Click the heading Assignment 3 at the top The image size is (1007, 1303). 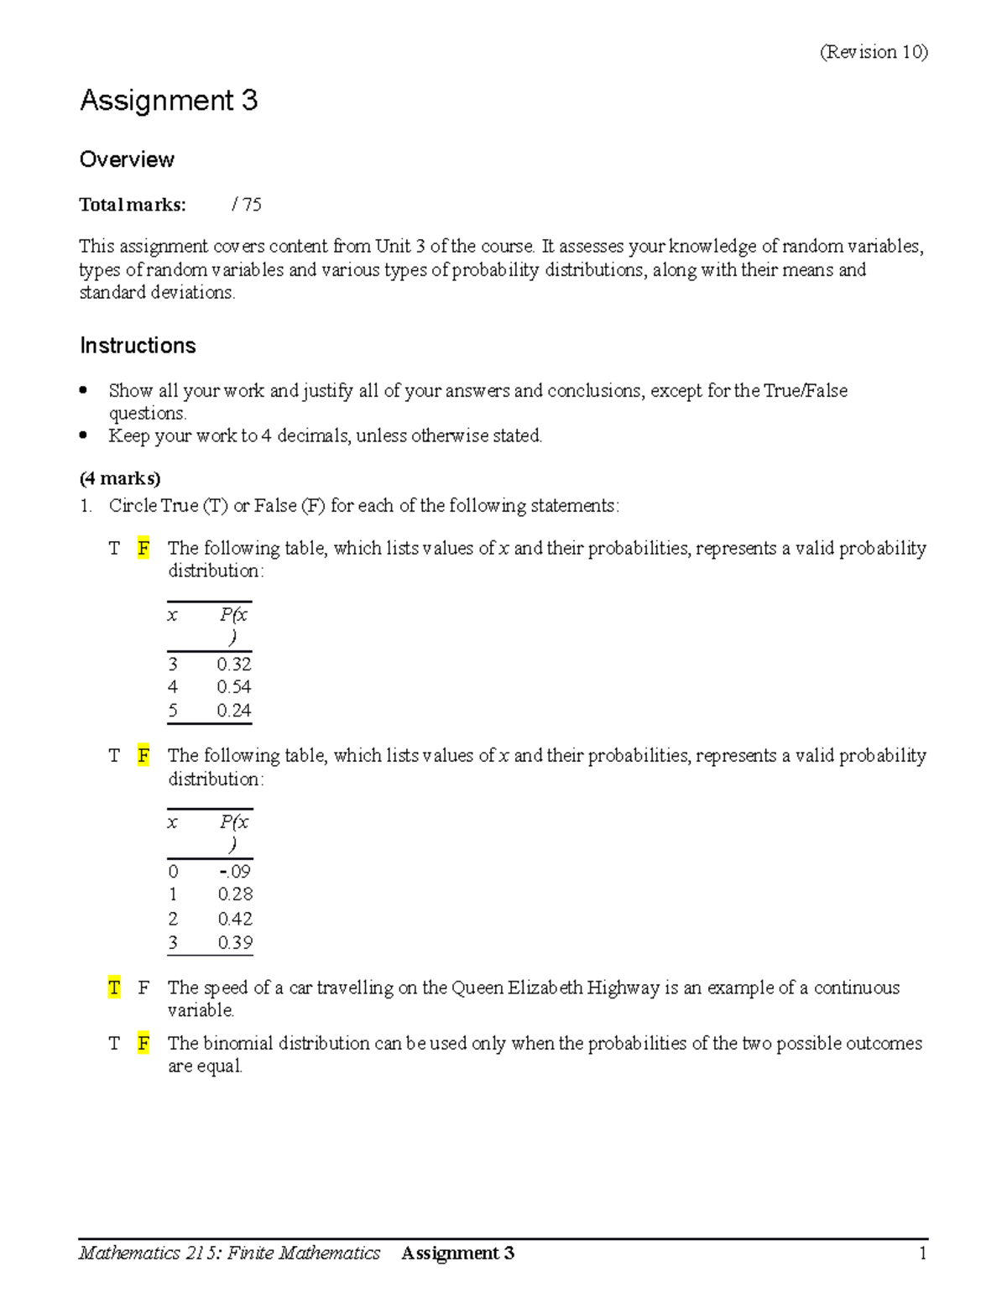(x=169, y=101)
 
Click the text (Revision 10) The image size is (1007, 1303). (x=874, y=52)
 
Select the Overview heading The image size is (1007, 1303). (x=127, y=159)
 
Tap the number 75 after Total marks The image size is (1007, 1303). (x=252, y=204)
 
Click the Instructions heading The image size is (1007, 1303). (x=138, y=346)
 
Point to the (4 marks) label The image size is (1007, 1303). (x=120, y=478)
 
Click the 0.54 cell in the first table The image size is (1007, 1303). (x=234, y=686)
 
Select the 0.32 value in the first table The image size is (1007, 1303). (x=234, y=664)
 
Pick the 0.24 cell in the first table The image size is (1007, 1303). (x=234, y=710)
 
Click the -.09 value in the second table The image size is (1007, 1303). (x=234, y=871)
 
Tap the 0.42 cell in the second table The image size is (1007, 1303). (x=235, y=919)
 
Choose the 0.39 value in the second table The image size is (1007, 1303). (x=235, y=942)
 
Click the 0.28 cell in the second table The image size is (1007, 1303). (x=235, y=894)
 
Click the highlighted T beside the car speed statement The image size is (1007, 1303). (x=114, y=988)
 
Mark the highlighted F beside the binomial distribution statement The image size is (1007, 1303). (x=143, y=1043)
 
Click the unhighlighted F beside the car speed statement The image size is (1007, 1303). (x=143, y=988)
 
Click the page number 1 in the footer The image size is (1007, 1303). (x=922, y=1253)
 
